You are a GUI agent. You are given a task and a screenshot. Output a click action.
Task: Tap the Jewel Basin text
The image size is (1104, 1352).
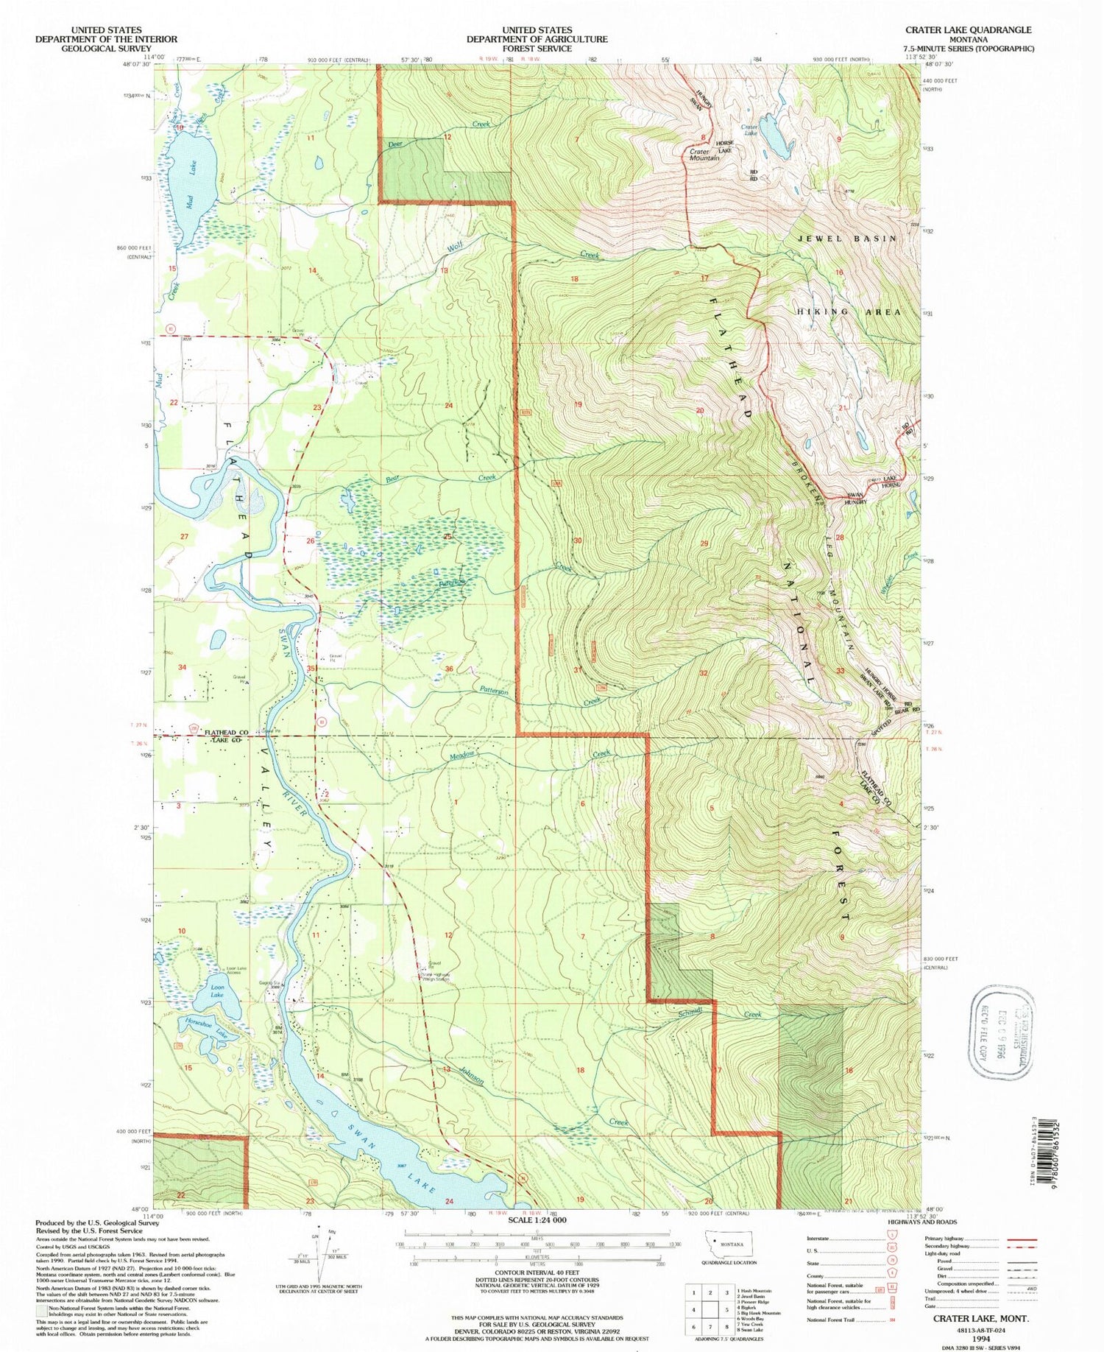847,239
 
